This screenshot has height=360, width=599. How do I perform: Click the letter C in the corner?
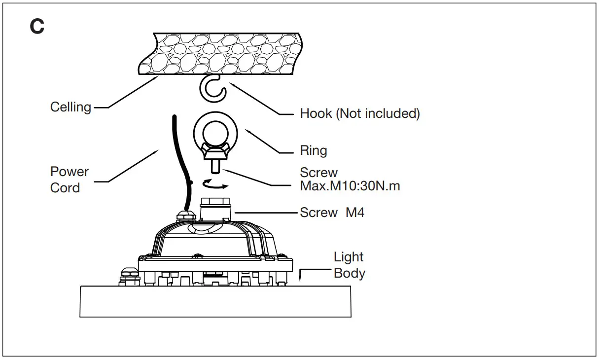tap(37, 27)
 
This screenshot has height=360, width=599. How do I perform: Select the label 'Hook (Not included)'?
tap(360, 113)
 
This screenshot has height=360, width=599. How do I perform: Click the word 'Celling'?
tap(70, 107)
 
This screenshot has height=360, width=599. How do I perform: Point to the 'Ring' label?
tap(314, 150)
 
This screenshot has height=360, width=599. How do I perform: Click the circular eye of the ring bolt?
tap(215, 131)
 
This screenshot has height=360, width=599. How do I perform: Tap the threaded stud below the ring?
tap(215, 167)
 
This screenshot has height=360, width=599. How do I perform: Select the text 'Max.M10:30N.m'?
tap(350, 187)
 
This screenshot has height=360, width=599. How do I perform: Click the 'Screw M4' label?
tap(332, 213)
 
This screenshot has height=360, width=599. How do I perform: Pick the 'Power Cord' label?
tap(70, 180)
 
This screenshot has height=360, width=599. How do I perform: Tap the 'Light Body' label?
tap(349, 265)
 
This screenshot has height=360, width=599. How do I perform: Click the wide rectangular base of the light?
tap(216, 302)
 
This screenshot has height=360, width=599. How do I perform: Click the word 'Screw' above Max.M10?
tap(319, 173)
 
